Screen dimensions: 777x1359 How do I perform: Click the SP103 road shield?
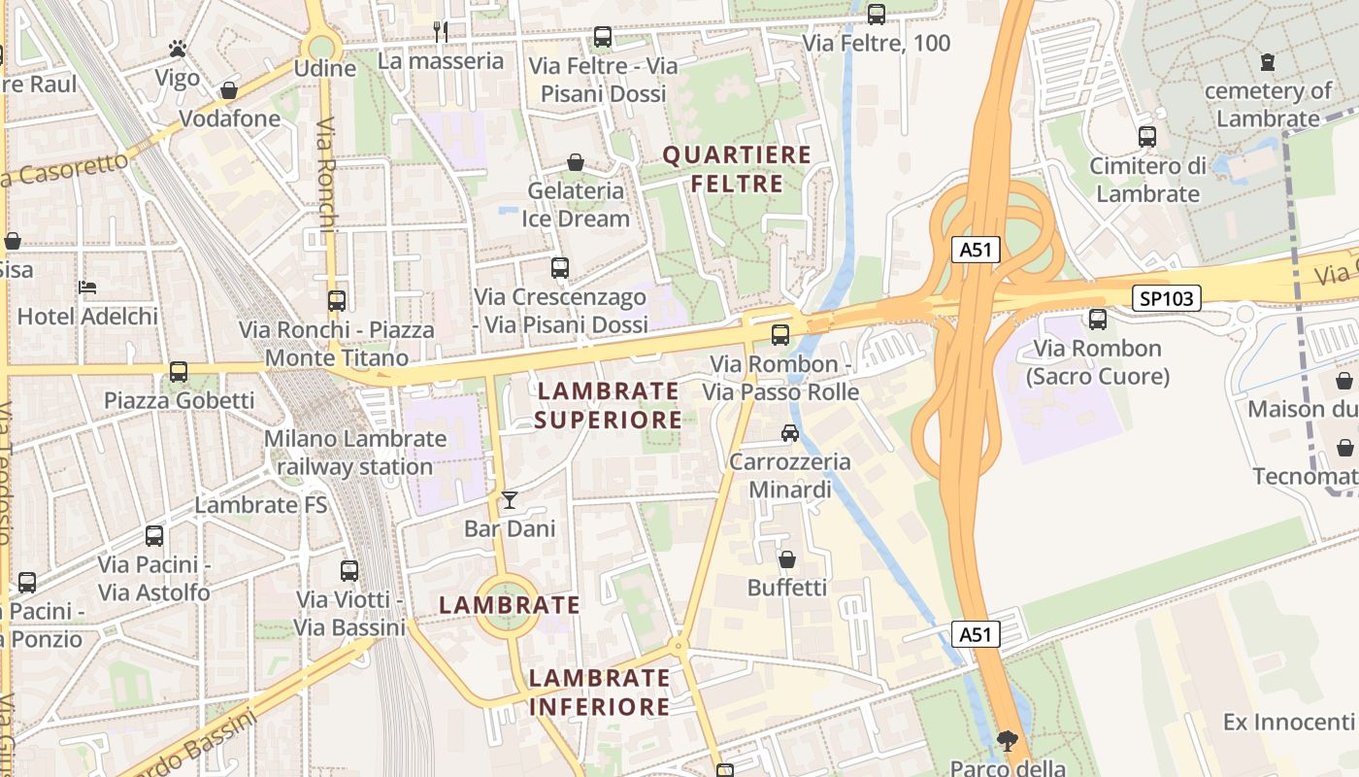click(1167, 298)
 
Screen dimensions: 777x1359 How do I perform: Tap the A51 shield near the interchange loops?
click(975, 250)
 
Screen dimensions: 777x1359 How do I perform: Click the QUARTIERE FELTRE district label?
click(736, 169)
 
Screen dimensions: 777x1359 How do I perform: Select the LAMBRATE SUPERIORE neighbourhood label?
click(608, 405)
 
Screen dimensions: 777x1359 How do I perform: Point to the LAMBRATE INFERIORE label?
click(600, 692)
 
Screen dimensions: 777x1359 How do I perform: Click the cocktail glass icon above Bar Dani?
click(510, 500)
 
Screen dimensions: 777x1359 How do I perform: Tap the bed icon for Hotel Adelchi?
click(87, 287)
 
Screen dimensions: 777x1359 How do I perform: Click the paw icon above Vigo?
click(177, 48)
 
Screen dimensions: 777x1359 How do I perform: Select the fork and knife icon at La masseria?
click(441, 31)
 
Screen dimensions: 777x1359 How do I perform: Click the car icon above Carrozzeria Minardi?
click(790, 433)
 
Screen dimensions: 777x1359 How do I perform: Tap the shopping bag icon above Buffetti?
click(787, 559)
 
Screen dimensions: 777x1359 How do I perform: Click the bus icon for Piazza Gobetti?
click(179, 371)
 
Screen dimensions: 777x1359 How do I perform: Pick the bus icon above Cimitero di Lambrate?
click(1147, 136)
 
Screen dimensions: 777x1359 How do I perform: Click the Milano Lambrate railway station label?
click(355, 453)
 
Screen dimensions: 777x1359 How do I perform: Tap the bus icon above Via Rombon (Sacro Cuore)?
click(1098, 319)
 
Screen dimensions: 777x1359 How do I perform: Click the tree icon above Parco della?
click(1007, 741)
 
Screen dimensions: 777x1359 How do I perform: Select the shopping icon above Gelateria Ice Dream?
click(576, 162)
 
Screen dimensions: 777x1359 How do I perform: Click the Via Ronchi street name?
click(325, 175)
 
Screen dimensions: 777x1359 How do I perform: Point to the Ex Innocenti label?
click(1288, 722)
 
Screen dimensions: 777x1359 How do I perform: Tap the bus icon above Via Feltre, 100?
click(877, 14)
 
